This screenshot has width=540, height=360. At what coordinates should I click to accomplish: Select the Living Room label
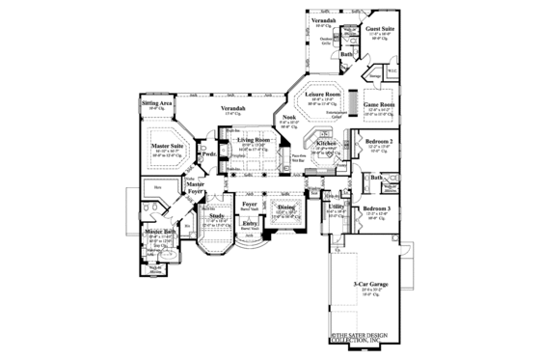click(x=254, y=140)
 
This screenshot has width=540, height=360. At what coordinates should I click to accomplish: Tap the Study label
click(x=216, y=216)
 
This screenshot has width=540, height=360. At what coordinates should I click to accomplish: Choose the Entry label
click(x=250, y=222)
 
